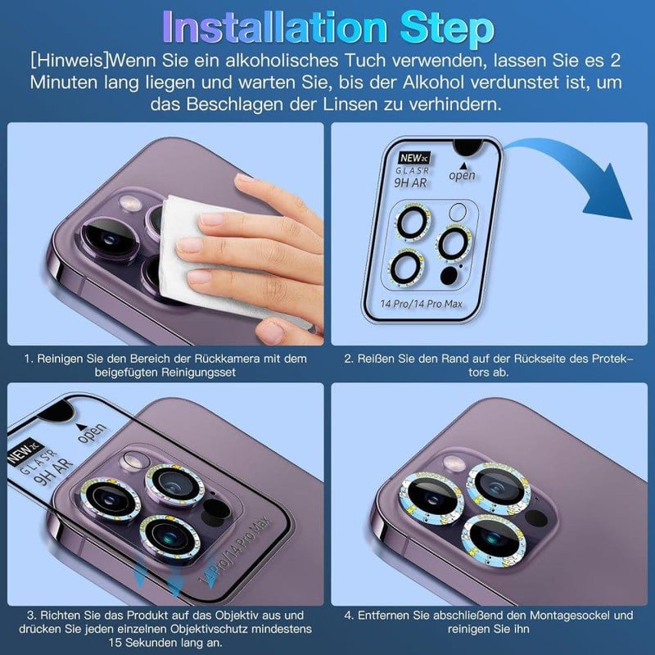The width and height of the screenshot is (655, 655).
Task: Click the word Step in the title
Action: pyautogui.click(x=447, y=27)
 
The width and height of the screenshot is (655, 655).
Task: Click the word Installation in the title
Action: pyautogui.click(x=275, y=26)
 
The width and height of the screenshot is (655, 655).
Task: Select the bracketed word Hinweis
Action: pyautogui.click(x=70, y=61)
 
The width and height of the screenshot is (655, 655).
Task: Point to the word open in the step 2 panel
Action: pyautogui.click(x=462, y=175)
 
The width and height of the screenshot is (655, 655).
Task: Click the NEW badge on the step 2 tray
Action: pyautogui.click(x=414, y=158)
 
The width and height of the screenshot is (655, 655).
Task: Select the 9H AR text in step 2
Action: pyautogui.click(x=410, y=183)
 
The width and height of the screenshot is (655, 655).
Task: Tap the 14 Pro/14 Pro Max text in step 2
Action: pyautogui.click(x=421, y=304)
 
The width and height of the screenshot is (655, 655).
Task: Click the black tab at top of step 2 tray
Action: pyautogui.click(x=468, y=147)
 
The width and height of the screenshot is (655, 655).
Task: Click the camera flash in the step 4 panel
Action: pyautogui.click(x=454, y=463)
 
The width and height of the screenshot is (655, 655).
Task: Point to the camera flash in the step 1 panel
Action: pyautogui.click(x=130, y=203)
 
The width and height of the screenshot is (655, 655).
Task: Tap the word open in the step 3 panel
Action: pyautogui.click(x=91, y=433)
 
